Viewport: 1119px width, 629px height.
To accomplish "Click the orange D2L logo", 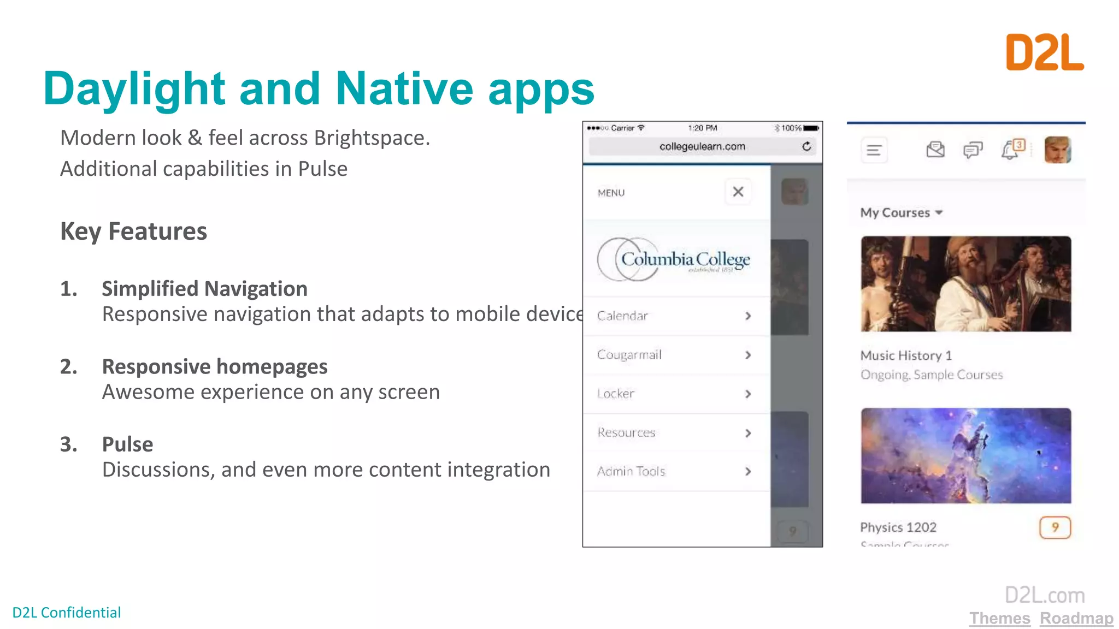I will (1044, 52).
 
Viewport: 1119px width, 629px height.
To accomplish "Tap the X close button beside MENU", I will (738, 192).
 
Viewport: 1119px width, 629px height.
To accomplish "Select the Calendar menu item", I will (622, 316).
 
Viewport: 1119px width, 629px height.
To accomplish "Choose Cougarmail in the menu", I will (629, 355).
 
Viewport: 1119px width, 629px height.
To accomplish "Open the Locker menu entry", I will (616, 394).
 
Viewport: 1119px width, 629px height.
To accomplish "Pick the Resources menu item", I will (626, 432).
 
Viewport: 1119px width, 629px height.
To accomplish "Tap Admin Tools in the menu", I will (631, 471).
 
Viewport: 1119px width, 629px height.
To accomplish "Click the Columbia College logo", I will (674, 260).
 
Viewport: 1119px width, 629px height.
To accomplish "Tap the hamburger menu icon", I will (874, 150).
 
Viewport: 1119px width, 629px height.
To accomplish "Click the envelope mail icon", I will (935, 150).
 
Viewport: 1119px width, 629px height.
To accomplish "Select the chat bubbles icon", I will (973, 150).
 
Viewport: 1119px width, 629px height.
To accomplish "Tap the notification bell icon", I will (1010, 150).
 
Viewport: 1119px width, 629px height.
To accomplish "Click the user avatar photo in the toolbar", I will (1057, 150).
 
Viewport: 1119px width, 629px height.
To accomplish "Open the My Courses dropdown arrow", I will (939, 212).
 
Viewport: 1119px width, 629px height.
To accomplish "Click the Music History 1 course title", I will (906, 355).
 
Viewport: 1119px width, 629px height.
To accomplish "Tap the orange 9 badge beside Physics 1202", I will (1055, 527).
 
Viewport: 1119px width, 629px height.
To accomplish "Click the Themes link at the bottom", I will (999, 618).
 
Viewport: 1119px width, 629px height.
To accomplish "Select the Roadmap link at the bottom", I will (1076, 618).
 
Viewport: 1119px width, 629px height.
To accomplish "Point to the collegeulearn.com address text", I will (702, 146).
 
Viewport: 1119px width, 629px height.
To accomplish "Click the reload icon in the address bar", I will (806, 146).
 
